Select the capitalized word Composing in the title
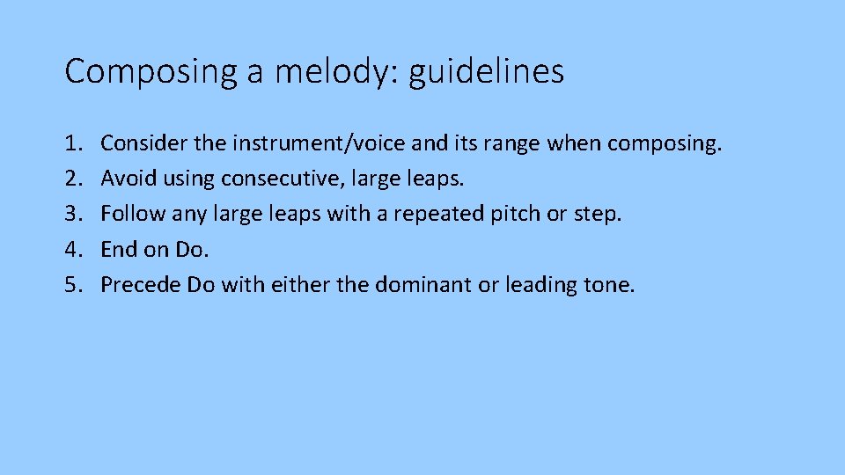151,71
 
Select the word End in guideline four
118,249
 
